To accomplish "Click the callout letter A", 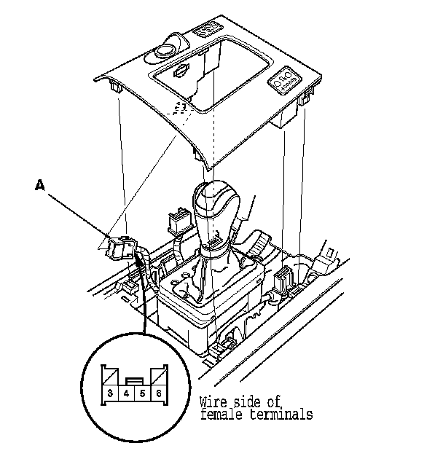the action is tap(40, 185).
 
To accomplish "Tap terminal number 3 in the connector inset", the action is tap(109, 393).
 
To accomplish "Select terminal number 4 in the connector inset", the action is tap(126, 393).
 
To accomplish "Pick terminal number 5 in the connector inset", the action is tap(142, 393).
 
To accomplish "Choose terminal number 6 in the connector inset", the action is tap(158, 393).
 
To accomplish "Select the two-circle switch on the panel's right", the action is tap(283, 82).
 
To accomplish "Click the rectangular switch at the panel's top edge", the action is tap(206, 30).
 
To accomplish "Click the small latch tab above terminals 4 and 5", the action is tap(134, 380).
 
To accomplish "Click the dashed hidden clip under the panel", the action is tap(180, 107).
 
